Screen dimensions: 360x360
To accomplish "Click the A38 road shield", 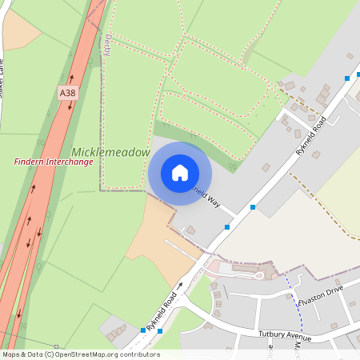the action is pos(68,94).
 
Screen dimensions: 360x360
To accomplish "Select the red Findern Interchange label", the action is pos(54,162).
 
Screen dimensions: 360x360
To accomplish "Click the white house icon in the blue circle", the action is pos(180,172).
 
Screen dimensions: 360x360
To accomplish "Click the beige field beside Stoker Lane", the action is pos(19,30).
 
